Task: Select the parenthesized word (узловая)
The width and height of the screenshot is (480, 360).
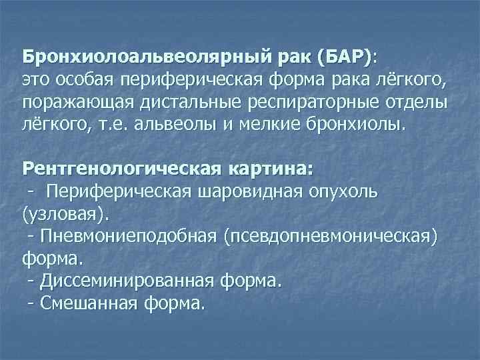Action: click(x=63, y=215)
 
